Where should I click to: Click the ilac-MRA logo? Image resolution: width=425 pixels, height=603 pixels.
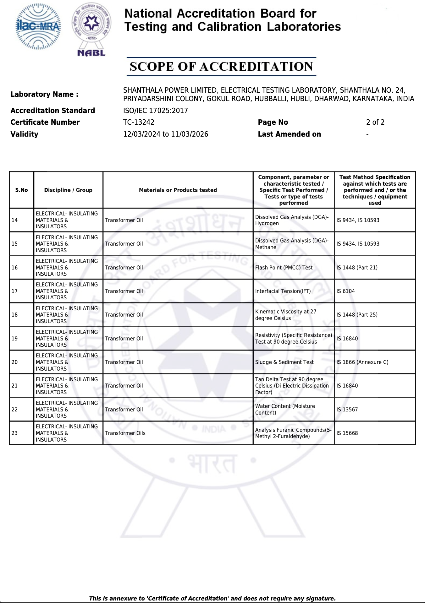[38, 27]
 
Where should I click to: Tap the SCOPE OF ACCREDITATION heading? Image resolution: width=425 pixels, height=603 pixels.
[221, 67]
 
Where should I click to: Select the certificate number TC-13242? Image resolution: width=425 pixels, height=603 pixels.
[139, 122]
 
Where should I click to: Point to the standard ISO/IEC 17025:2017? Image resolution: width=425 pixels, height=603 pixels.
[155, 111]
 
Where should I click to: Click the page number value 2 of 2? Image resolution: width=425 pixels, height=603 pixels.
[375, 122]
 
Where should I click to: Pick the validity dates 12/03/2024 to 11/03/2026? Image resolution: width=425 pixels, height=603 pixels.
[165, 134]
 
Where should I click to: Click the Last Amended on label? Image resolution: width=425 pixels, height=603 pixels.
[289, 134]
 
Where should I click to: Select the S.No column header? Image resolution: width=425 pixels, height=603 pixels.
[21, 190]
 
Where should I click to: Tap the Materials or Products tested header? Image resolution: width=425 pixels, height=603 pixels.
[178, 190]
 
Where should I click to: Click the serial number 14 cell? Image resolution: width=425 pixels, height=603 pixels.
[15, 220]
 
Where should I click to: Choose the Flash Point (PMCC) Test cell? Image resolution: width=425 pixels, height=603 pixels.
[284, 268]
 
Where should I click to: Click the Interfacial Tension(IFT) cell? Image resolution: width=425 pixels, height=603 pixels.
[283, 291]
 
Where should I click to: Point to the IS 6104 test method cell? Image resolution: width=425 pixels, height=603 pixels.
[345, 291]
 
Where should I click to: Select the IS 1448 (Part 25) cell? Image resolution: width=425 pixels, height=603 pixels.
[357, 315]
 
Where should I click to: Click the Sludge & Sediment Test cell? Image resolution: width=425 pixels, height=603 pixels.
[284, 362]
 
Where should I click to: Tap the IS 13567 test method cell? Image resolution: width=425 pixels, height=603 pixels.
[347, 410]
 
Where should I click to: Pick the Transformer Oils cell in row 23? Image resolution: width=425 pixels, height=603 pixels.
[125, 433]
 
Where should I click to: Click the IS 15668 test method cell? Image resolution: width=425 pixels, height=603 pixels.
[347, 433]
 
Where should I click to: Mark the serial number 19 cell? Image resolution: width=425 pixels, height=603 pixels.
[15, 339]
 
